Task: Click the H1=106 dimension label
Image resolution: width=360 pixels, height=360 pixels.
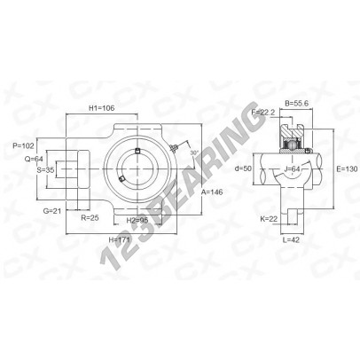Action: tap(102, 108)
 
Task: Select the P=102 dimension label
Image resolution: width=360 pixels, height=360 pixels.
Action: tap(23, 145)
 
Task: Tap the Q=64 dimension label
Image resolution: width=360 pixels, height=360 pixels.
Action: tap(34, 159)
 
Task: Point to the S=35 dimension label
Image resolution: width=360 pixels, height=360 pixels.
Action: tap(45, 170)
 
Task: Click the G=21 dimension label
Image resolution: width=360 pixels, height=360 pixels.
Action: tap(52, 211)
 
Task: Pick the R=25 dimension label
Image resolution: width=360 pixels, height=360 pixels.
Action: tap(90, 218)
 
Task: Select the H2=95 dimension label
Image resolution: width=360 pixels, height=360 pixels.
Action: tap(137, 220)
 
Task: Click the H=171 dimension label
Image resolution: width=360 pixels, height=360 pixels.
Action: tap(119, 239)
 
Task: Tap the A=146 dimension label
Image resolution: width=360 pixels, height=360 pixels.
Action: tap(212, 192)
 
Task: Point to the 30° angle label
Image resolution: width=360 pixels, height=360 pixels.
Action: tap(194, 153)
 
